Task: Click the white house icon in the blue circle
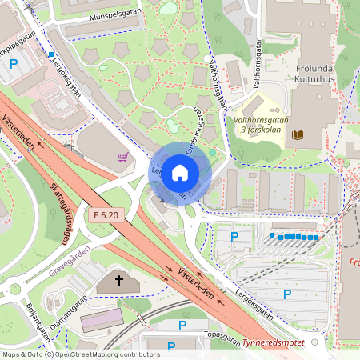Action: coord(180,172)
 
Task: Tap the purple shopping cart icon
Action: coord(123,157)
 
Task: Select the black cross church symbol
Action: coord(119,281)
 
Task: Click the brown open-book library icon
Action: coord(298,135)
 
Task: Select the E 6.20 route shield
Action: coord(105,215)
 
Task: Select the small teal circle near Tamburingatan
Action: coord(211,152)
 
